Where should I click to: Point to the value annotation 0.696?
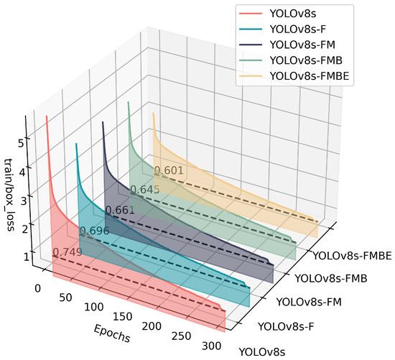[93, 231]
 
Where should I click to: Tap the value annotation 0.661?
[119, 210]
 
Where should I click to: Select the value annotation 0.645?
[144, 190]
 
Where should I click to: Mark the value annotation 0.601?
[169, 170]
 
